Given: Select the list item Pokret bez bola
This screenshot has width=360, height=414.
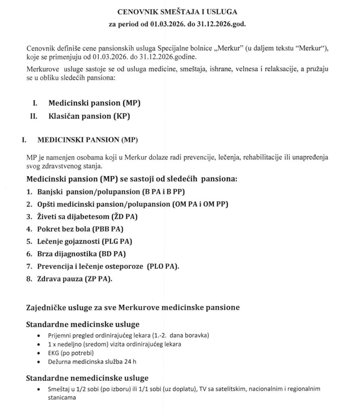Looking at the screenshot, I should (69, 229).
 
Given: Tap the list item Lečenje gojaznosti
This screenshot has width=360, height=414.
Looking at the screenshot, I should (74, 241).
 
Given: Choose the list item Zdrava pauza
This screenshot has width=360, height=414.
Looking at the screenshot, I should (62, 279).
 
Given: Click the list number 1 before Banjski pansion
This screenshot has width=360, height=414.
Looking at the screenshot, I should (29, 192).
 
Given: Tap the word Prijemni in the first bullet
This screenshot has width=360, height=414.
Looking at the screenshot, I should (59, 335).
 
